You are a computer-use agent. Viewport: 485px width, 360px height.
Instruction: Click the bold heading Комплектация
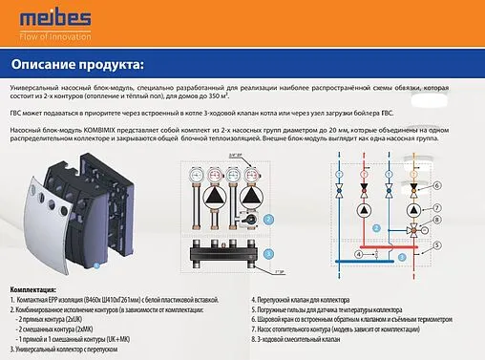(x=33, y=287)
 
